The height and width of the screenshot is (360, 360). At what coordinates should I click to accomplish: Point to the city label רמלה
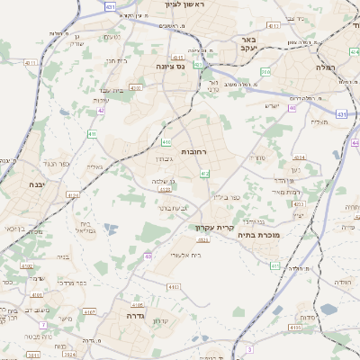click(x=323, y=67)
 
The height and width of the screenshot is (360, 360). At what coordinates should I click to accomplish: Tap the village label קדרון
click(x=162, y=320)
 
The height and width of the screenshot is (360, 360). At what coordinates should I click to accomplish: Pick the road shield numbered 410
click(x=166, y=142)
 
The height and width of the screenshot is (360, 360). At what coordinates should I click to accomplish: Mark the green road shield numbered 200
click(x=265, y=71)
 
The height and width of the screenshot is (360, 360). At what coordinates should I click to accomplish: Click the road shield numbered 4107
click(x=88, y=311)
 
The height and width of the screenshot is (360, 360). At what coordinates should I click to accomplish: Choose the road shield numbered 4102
click(x=27, y=266)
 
